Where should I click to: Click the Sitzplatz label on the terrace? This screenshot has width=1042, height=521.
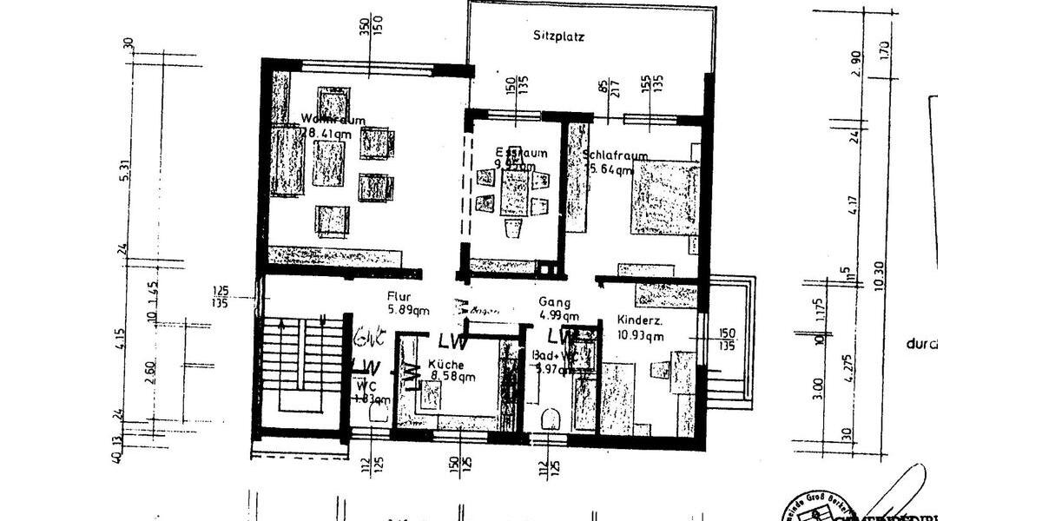pos(558,37)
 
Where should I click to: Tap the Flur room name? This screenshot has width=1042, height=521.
pos(401,295)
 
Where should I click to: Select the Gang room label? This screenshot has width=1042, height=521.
pos(554,302)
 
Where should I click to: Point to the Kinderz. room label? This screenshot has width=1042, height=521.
pos(641,320)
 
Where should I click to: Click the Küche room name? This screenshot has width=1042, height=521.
pos(445,365)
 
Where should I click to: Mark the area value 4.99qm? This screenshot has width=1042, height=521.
pos(556,315)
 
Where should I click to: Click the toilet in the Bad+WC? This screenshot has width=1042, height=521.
pos(549,419)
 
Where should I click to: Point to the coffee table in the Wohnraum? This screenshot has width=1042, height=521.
pos(329,163)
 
